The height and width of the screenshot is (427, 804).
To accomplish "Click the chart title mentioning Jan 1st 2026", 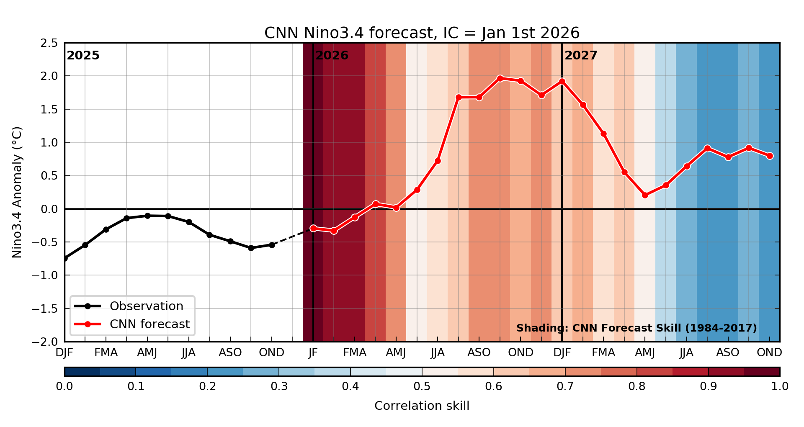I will pyautogui.click(x=422, y=33).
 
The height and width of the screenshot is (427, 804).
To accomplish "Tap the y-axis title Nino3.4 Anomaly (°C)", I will pyautogui.click(x=17, y=192).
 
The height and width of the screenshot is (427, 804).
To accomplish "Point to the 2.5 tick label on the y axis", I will pyautogui.click(x=49, y=43).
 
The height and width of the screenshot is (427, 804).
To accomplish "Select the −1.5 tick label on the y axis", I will pyautogui.click(x=46, y=309).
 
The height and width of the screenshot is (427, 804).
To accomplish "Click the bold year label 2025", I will pyautogui.click(x=83, y=56).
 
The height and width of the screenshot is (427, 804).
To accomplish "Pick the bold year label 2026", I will pyautogui.click(x=332, y=56).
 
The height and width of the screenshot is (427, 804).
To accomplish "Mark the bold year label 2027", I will pyautogui.click(x=581, y=56).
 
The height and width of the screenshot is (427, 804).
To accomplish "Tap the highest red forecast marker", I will pyautogui.click(x=500, y=78).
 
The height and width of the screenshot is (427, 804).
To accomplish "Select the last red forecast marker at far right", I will pyautogui.click(x=770, y=156).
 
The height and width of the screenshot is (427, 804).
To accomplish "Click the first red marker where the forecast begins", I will pyautogui.click(x=313, y=228).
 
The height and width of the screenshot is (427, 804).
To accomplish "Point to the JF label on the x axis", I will pyautogui.click(x=313, y=352).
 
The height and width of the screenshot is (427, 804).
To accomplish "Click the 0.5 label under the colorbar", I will pyautogui.click(x=422, y=386).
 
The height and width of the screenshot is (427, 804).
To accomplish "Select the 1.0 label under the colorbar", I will pyautogui.click(x=780, y=386).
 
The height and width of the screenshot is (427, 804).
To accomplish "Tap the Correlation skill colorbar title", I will pyautogui.click(x=422, y=406).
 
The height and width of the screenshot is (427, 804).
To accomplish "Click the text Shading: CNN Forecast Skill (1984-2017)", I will pyautogui.click(x=636, y=328).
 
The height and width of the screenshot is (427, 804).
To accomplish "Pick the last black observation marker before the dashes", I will pyautogui.click(x=272, y=245).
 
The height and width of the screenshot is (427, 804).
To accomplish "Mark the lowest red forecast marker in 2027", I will pyautogui.click(x=645, y=195).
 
